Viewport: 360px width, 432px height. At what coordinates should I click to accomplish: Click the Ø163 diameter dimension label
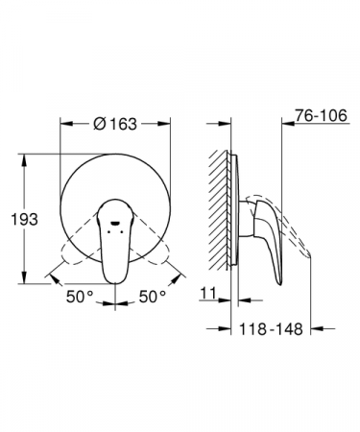(115, 124)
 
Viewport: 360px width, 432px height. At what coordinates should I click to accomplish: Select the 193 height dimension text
(24, 219)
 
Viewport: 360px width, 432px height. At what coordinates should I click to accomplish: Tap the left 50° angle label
(80, 297)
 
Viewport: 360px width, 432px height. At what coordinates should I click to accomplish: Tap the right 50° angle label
(153, 297)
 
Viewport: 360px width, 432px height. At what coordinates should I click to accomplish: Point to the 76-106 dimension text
(321, 115)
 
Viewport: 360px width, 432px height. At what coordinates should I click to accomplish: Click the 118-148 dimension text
(271, 328)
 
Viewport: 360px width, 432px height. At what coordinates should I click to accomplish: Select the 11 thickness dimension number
(208, 293)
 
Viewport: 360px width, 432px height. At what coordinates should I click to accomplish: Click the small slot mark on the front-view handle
(115, 222)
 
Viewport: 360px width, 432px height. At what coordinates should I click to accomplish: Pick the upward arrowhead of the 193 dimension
(24, 160)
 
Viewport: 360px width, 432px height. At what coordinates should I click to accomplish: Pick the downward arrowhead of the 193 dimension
(24, 277)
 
